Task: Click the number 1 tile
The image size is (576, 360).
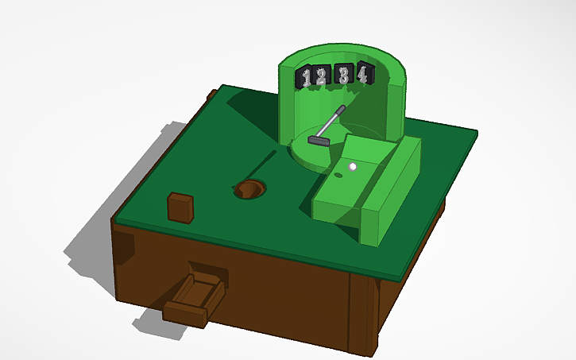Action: point(307,78)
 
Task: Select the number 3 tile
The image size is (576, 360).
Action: point(344,75)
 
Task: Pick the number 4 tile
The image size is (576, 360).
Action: point(362,74)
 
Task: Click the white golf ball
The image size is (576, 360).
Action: point(353,167)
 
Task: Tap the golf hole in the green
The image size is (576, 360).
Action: point(250,190)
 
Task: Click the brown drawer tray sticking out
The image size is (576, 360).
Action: point(193,295)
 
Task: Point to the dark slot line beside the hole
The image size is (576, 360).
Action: point(262,163)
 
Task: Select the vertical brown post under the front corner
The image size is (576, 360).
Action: point(363,314)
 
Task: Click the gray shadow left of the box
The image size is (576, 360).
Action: point(87,238)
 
